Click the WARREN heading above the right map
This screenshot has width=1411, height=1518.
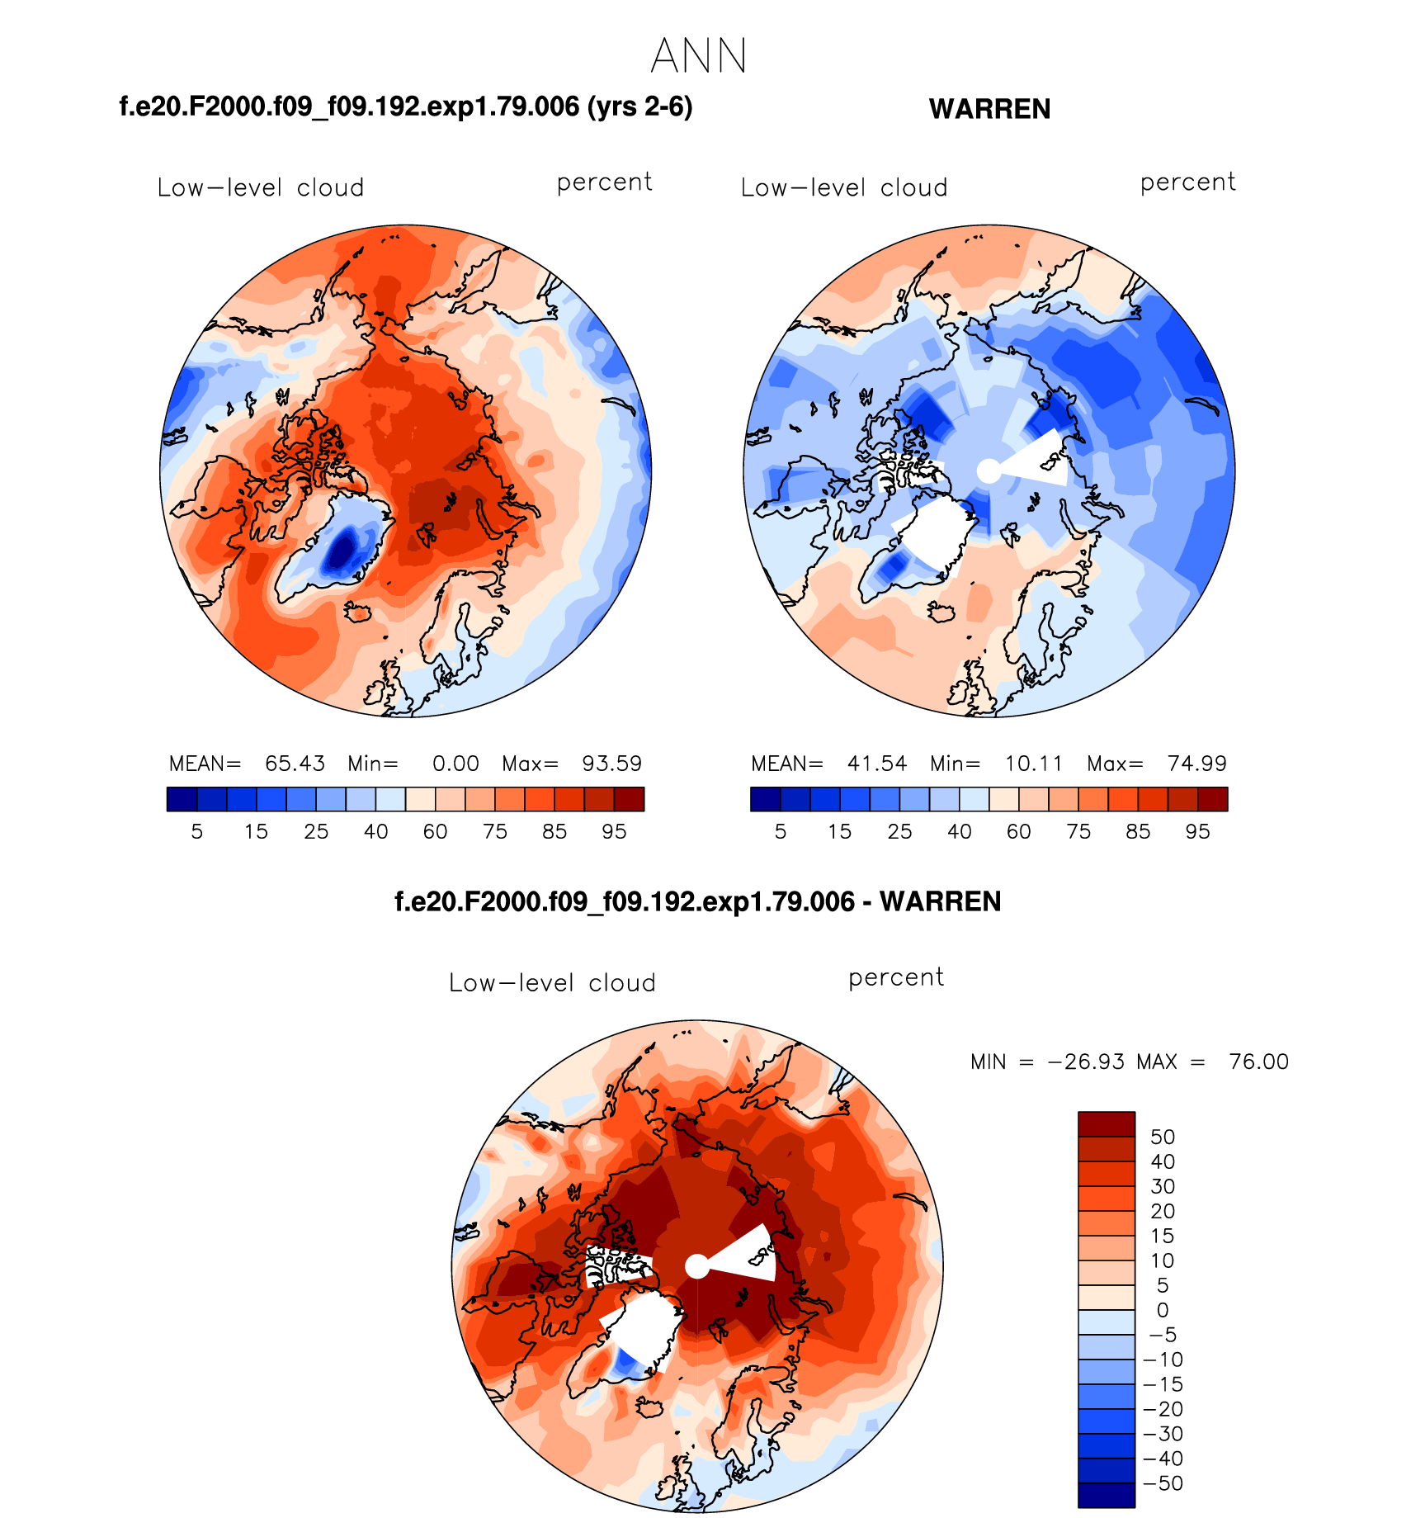pyautogui.click(x=989, y=109)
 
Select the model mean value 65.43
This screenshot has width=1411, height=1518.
pyautogui.click(x=295, y=764)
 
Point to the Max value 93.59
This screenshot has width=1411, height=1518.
pyautogui.click(x=611, y=764)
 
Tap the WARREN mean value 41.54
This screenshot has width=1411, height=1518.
pyautogui.click(x=877, y=764)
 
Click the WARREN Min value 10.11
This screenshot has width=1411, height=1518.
pyautogui.click(x=1033, y=764)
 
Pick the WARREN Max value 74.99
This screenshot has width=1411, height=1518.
pyautogui.click(x=1196, y=764)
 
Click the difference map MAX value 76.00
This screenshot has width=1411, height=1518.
pyautogui.click(x=1258, y=1062)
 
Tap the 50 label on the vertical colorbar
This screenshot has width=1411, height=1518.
pyautogui.click(x=1162, y=1137)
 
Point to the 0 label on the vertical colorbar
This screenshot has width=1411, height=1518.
pyautogui.click(x=1162, y=1310)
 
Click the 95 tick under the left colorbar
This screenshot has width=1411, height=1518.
pyautogui.click(x=614, y=831)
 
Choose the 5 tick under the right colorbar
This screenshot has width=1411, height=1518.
pyautogui.click(x=781, y=831)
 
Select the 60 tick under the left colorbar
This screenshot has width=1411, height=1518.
pyautogui.click(x=435, y=831)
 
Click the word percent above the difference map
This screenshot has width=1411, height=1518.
pyautogui.click(x=896, y=978)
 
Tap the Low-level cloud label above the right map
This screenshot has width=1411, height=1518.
pyautogui.click(x=844, y=188)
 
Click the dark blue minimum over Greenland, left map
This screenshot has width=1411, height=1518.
pyautogui.click(x=341, y=551)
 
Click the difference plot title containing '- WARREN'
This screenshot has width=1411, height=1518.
pyautogui.click(x=698, y=901)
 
